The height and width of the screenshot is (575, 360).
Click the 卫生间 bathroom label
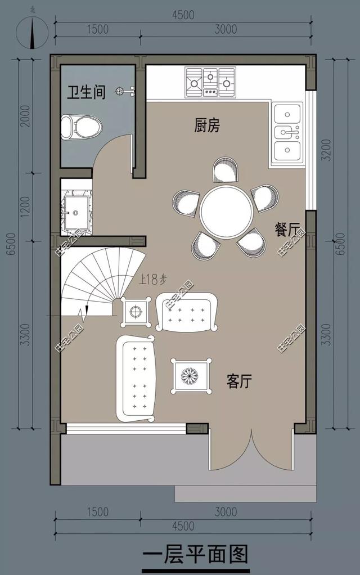pos(87,92)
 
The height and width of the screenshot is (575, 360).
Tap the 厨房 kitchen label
pos(207,125)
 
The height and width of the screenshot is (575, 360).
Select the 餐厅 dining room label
pos(286,230)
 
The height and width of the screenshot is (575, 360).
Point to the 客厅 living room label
pos(239,381)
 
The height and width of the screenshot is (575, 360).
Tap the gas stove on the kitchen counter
pos(210,80)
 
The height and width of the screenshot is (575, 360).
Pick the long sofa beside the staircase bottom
pos(136,378)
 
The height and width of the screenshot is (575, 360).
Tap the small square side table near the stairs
pos(136,312)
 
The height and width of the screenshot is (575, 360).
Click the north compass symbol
pos(32,34)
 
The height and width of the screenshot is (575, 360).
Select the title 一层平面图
pos(195,555)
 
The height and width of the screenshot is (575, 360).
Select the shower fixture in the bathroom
pos(125,91)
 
